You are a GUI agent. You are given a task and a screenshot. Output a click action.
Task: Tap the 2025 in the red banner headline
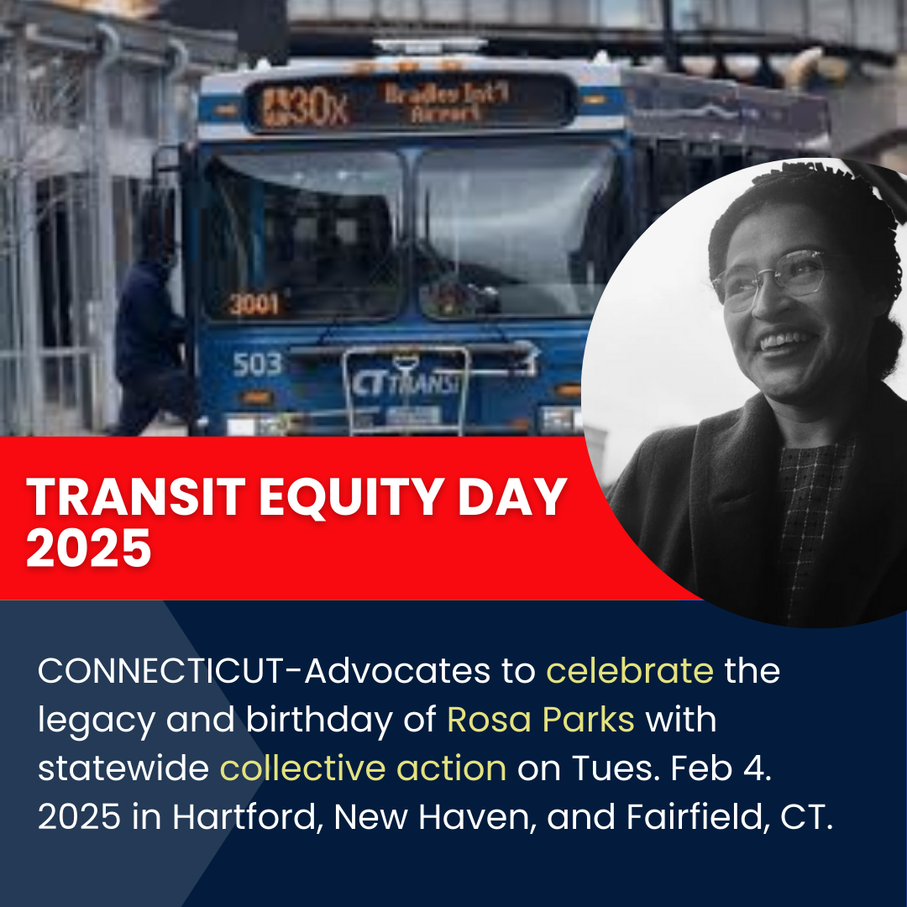coord(89,550)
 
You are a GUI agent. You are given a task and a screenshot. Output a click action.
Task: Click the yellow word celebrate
coord(630,672)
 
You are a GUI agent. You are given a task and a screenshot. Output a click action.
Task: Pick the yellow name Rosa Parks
coord(540,720)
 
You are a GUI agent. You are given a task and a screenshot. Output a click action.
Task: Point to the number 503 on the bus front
coord(257,365)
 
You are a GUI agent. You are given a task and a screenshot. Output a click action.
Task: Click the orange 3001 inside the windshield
coord(254,304)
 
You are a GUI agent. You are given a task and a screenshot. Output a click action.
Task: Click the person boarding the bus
coord(151,336)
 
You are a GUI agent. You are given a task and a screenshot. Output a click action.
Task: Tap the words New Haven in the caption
coord(424,817)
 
